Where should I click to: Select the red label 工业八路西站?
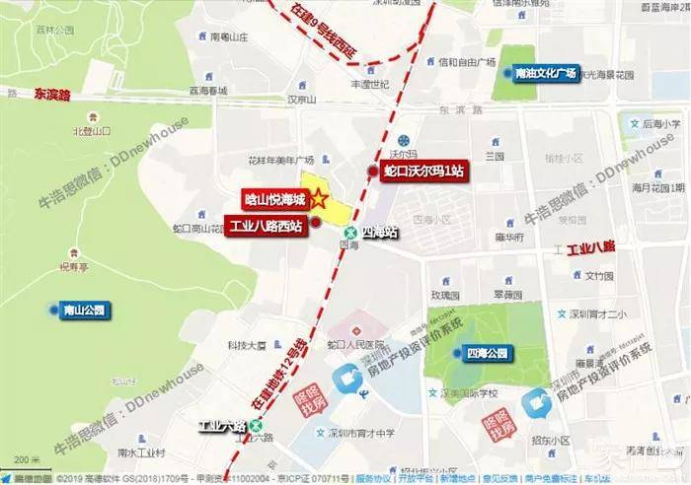[x=265, y=223]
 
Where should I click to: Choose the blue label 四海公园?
[x=487, y=353]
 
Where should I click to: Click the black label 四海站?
[x=379, y=233]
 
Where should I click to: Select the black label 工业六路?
[x=220, y=426]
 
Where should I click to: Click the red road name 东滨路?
[x=53, y=97]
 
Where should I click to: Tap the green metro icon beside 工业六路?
[x=257, y=426]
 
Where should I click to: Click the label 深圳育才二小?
[x=592, y=314]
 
